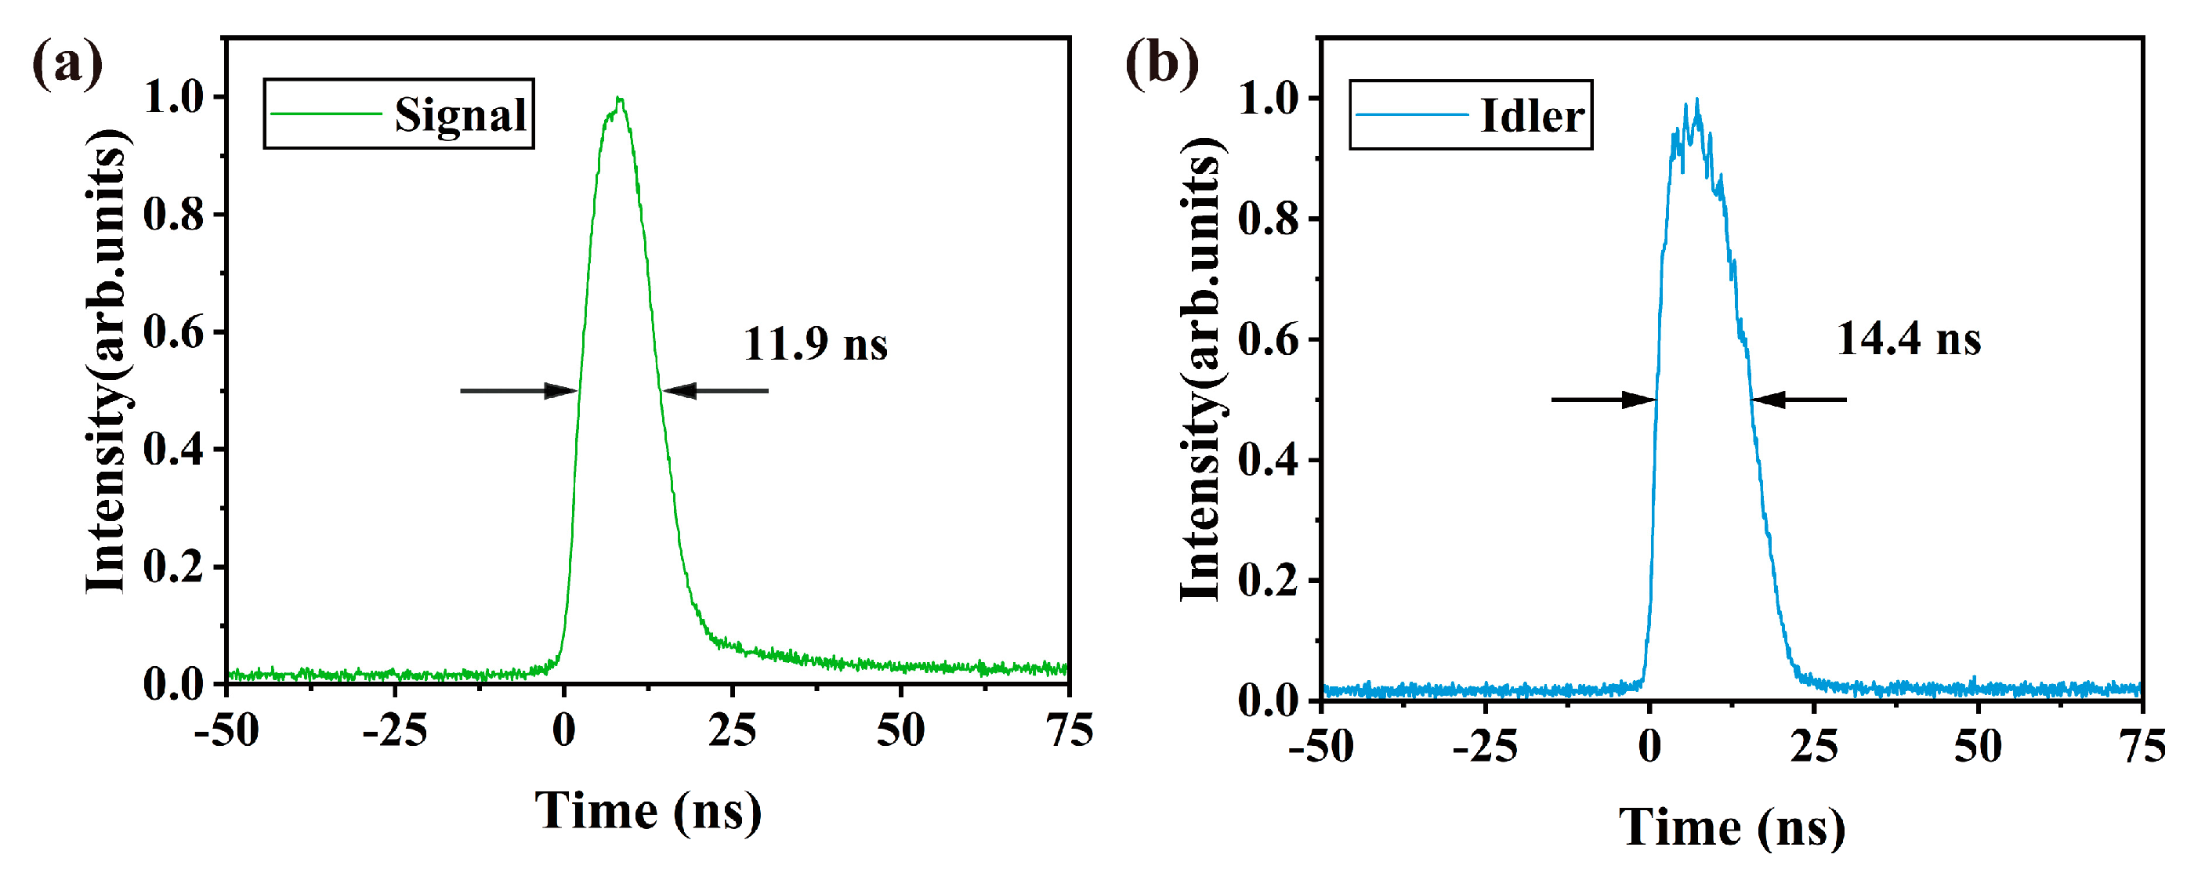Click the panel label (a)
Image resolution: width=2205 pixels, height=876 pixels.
(x=67, y=64)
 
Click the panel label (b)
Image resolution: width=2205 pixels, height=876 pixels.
(x=1161, y=64)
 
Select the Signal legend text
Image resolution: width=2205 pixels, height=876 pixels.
(x=460, y=114)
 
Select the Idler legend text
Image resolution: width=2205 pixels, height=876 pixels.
(x=1531, y=116)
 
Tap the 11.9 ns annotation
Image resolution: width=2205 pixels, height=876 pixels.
(x=815, y=344)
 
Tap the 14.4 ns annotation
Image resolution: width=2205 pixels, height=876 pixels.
(x=1908, y=338)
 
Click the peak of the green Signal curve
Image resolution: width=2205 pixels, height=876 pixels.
(x=619, y=100)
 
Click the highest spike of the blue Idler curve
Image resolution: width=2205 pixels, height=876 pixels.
(x=1696, y=100)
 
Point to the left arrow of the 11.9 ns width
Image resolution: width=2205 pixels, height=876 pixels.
(x=519, y=391)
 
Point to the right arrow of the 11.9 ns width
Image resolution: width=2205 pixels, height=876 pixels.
(x=715, y=391)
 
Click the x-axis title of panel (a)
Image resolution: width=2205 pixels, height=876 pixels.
(x=648, y=811)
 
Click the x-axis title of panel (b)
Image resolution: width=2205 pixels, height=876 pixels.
(x=1732, y=828)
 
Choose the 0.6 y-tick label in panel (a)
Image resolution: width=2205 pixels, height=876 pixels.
(x=174, y=332)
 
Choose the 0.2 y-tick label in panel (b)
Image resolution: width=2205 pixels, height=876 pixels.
(x=1268, y=581)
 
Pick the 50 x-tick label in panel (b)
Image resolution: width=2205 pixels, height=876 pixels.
(x=1977, y=747)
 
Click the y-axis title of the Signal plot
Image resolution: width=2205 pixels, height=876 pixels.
(x=107, y=360)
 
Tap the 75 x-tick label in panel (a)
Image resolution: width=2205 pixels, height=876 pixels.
(x=1069, y=730)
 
